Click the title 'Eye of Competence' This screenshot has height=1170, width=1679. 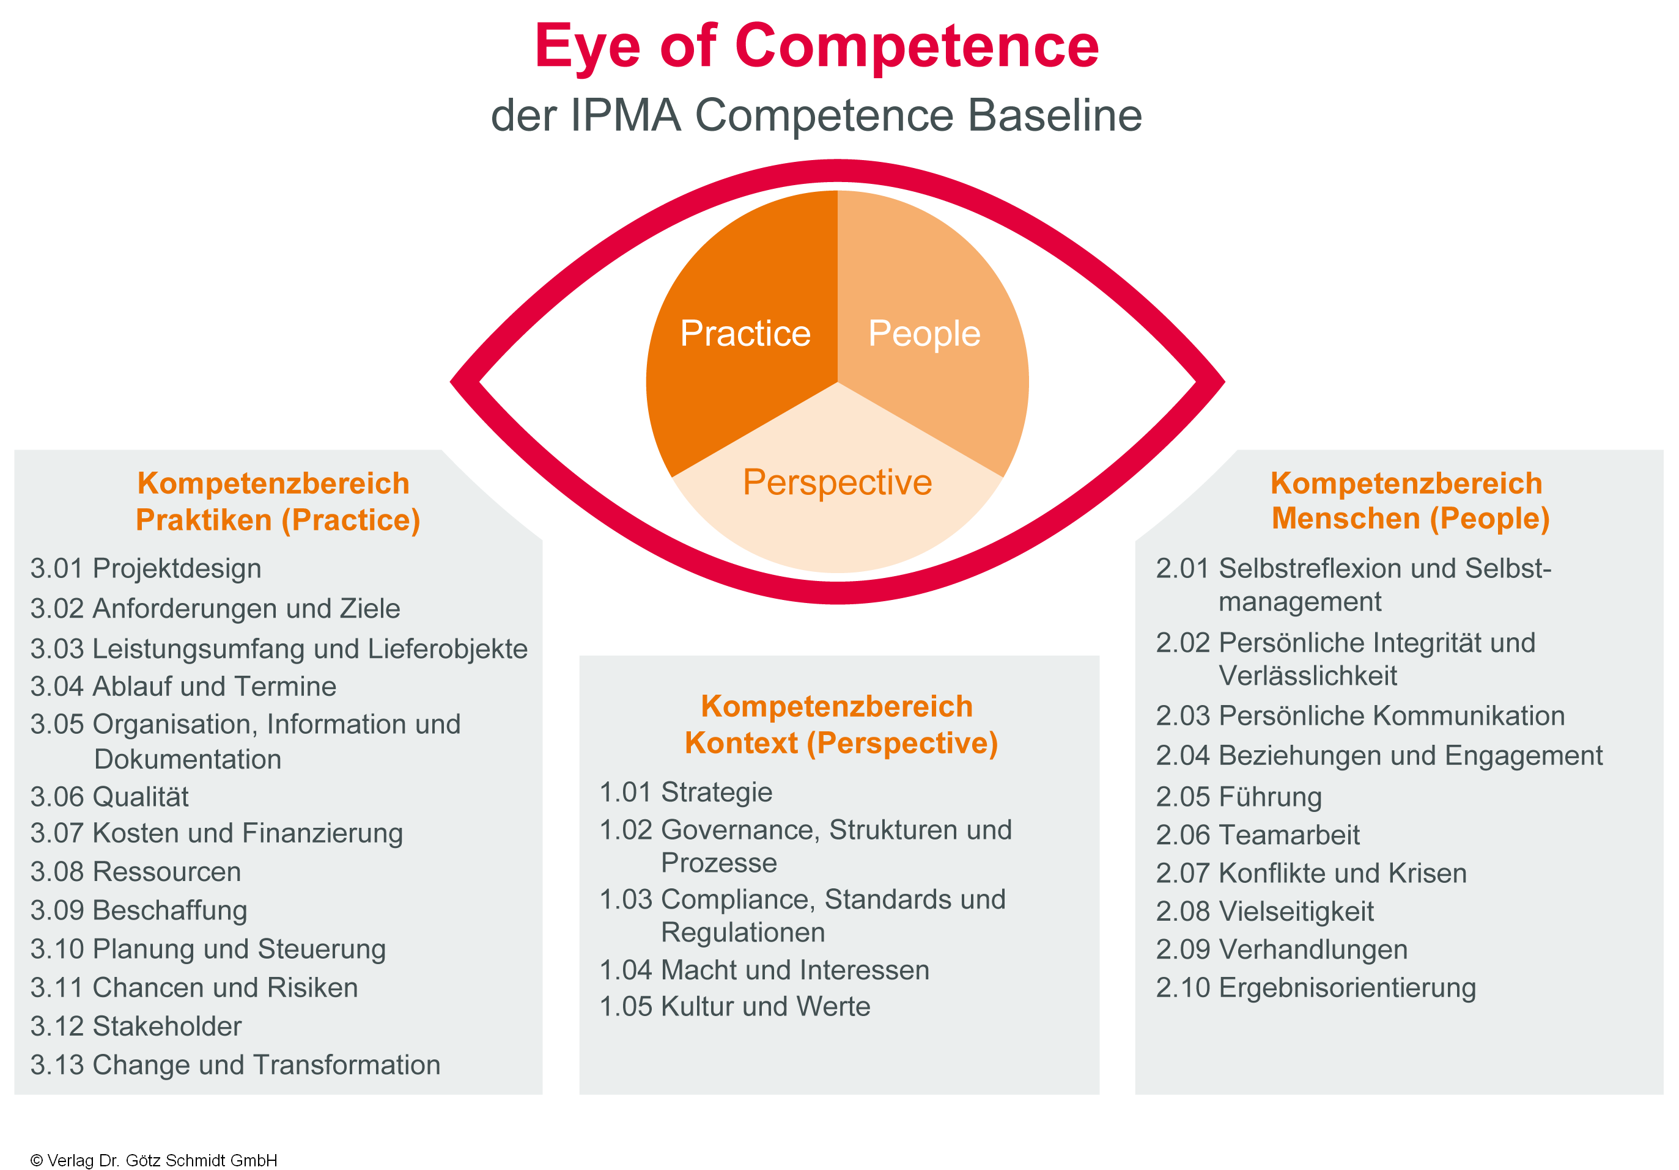(816, 47)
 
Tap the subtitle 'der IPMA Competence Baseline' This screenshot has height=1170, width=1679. (816, 115)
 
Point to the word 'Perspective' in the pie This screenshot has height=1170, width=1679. (836, 482)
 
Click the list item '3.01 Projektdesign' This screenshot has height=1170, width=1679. (146, 569)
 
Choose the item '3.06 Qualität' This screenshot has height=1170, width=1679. (109, 797)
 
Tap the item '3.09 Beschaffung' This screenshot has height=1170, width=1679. (139, 910)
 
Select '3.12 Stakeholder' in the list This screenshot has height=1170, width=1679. (136, 1026)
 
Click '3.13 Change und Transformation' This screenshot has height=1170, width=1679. (235, 1065)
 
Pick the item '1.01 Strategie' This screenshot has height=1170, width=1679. (686, 792)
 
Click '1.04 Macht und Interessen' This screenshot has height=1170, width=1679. (764, 970)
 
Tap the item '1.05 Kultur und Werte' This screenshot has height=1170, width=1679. (735, 1006)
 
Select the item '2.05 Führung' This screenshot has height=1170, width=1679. (1239, 797)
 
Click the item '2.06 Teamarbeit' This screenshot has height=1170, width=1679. (1258, 835)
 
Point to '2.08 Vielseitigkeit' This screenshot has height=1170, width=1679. (1265, 912)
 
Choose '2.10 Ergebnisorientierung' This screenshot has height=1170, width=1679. (1316, 987)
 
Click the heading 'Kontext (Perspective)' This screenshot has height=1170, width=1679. (841, 743)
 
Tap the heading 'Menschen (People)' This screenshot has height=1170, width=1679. (1410, 519)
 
